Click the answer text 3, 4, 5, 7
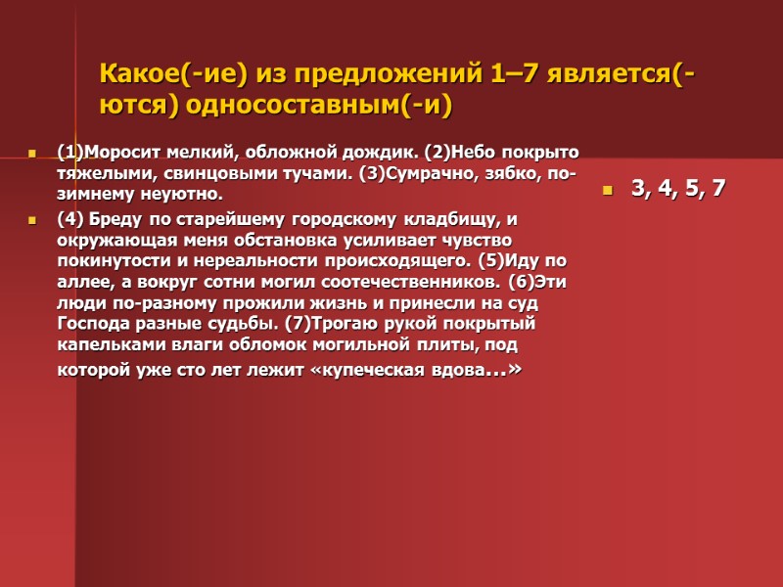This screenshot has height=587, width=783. click(x=678, y=189)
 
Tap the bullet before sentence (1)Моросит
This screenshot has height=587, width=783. click(x=32, y=153)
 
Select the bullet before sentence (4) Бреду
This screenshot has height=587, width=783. click(x=32, y=219)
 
